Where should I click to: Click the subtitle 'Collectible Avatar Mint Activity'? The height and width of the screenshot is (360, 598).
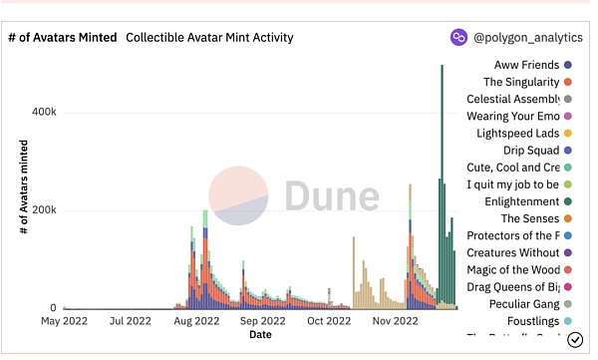click(x=209, y=38)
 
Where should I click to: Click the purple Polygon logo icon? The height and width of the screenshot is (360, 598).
click(x=459, y=38)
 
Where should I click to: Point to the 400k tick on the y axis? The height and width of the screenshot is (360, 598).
click(x=42, y=112)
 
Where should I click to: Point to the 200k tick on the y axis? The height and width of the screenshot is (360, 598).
click(x=42, y=210)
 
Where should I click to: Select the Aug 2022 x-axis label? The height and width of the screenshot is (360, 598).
click(x=195, y=322)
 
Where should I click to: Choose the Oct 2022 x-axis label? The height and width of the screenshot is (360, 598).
click(x=329, y=322)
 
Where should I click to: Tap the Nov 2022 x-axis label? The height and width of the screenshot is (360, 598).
click(x=396, y=322)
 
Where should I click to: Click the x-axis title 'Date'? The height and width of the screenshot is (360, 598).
click(x=260, y=335)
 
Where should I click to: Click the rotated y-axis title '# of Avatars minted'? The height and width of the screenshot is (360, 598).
click(x=22, y=187)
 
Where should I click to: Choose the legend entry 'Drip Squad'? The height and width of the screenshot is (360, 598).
click(x=530, y=151)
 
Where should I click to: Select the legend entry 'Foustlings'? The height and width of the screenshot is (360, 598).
click(x=528, y=320)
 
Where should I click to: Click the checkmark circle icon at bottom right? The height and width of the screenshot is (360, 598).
click(x=575, y=340)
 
